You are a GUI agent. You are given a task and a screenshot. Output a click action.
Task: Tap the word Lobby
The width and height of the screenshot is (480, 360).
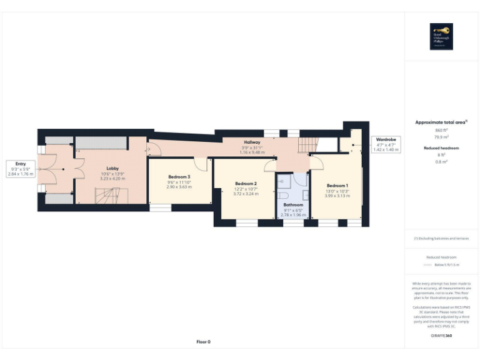click(112, 169)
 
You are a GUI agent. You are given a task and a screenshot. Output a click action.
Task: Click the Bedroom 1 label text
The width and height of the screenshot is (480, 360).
click(337, 186)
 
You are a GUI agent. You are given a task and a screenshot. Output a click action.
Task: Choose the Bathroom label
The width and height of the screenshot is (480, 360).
click(292, 205)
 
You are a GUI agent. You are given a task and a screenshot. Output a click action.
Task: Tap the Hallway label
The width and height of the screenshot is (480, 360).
click(252, 142)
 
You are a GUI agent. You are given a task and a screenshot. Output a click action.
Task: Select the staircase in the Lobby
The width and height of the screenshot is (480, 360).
click(106, 197)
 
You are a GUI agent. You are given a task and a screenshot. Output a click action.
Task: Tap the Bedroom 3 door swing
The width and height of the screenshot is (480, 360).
click(201, 164)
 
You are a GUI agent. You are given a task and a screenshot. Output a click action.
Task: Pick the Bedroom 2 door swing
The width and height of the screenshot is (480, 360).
click(270, 165)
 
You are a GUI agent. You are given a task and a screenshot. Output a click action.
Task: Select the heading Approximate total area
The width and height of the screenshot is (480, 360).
click(441, 122)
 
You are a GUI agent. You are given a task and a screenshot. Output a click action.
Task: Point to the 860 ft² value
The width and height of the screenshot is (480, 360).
click(441, 130)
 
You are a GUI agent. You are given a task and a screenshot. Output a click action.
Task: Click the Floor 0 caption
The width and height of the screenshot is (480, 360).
click(203, 342)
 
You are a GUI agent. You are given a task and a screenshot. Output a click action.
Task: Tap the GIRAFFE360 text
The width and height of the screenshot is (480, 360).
click(441, 336)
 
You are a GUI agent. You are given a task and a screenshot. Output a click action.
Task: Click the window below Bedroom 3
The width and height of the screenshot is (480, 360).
click(161, 208)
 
